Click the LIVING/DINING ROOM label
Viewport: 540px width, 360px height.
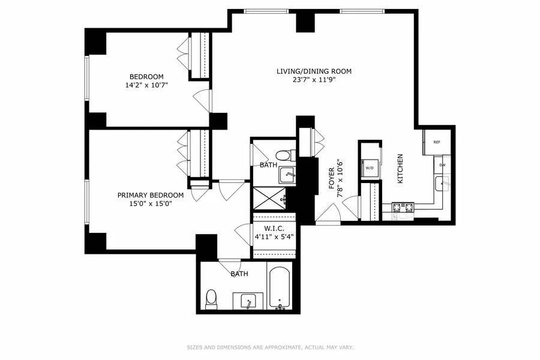(x=314, y=71)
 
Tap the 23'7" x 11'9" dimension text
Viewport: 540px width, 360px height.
(x=314, y=80)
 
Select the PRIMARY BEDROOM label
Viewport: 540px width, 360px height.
(x=150, y=195)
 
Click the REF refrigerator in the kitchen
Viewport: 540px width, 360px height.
(x=437, y=142)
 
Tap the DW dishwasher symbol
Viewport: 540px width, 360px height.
(x=442, y=164)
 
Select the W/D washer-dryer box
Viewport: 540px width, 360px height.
(x=370, y=168)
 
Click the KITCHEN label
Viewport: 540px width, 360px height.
(x=400, y=168)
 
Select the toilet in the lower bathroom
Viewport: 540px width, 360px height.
(x=211, y=298)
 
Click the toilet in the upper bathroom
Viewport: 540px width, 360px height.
(x=286, y=156)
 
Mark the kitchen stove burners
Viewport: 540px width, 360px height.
(x=403, y=208)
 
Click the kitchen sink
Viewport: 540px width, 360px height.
(x=443, y=184)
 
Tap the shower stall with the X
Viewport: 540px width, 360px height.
(x=269, y=197)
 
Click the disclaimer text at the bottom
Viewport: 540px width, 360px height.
(x=270, y=347)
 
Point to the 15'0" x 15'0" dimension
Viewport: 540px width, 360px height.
(x=150, y=203)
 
